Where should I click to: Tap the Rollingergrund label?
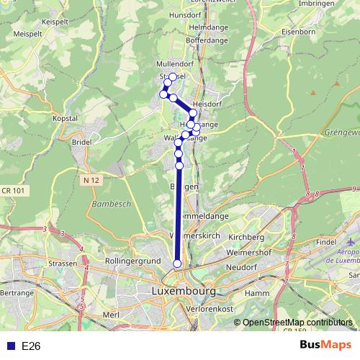[x=131, y=260]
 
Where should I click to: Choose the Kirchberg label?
[x=246, y=237]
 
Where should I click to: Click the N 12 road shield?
[x=91, y=179]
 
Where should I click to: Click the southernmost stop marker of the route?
[x=177, y=264]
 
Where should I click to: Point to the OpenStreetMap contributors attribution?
[x=297, y=322]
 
